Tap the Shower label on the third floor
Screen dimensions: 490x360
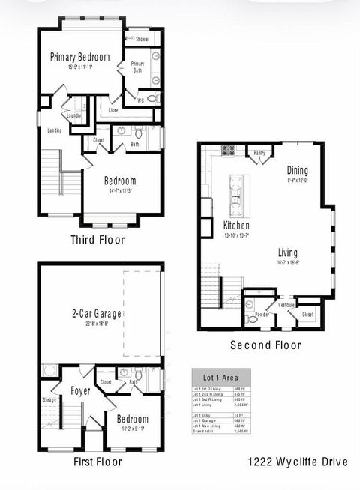pyautogui.click(x=142, y=39)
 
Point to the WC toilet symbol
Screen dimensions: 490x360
pyautogui.click(x=151, y=99)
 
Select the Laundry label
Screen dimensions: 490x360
pyautogui.click(x=73, y=115)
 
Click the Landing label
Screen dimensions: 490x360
pyautogui.click(x=54, y=131)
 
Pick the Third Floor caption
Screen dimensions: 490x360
pyautogui.click(x=97, y=240)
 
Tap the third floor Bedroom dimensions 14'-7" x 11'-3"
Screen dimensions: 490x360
pyautogui.click(x=120, y=191)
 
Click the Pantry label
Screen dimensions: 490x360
pyautogui.click(x=259, y=153)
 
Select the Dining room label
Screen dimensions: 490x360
pyautogui.click(x=298, y=170)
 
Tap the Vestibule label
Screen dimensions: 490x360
pyautogui.click(x=287, y=305)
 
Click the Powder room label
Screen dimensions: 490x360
pyautogui.click(x=262, y=315)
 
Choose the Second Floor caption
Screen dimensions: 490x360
pyautogui.click(x=265, y=345)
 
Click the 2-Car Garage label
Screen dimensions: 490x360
pyautogui.click(x=97, y=314)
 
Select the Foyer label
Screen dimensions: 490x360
pyautogui.click(x=81, y=390)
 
